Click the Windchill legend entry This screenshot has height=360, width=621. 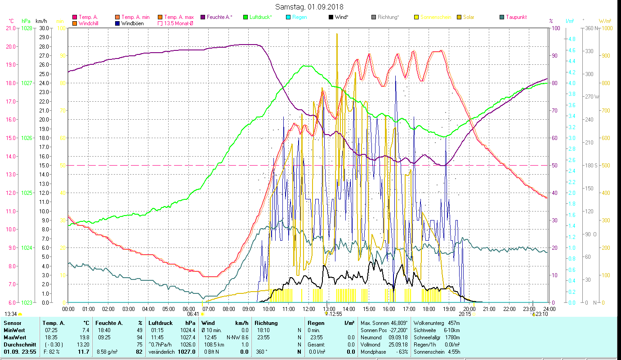click(89, 23)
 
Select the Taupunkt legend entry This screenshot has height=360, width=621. click(516, 17)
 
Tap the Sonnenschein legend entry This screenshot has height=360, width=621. click(435, 17)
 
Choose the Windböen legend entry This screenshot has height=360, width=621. click(132, 23)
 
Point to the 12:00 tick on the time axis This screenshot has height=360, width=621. click(309, 309)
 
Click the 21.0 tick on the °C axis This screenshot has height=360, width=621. click(11, 28)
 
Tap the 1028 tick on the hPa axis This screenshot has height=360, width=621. click(27, 28)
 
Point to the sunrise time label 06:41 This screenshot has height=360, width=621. click(193, 314)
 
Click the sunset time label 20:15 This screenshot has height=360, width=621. click(465, 314)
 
